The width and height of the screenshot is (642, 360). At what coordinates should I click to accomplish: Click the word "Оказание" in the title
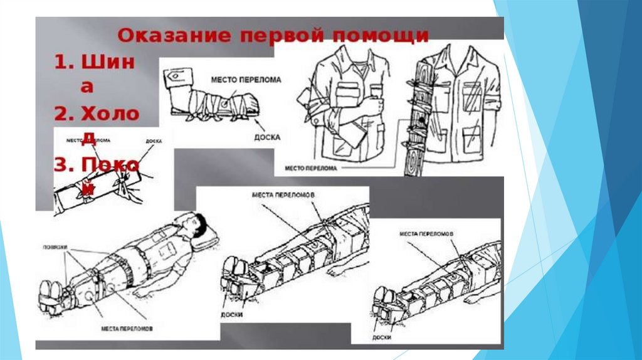coord(163,35)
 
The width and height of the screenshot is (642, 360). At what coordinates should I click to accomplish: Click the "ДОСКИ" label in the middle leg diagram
coord(231,314)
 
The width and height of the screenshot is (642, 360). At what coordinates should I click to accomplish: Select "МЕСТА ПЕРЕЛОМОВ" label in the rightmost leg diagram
coord(426,233)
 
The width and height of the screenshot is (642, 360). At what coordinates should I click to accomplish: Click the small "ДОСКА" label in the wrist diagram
coord(153,140)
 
